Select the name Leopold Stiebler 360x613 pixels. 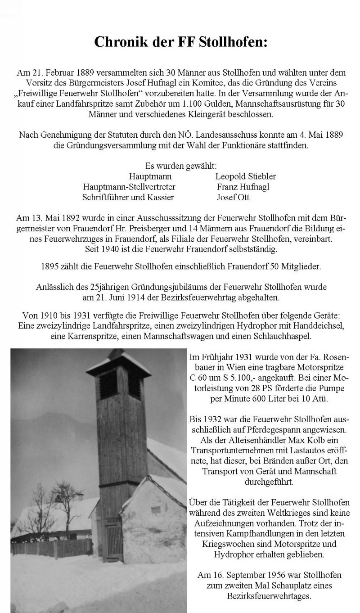tap(245, 176)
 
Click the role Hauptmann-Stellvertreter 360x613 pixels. tap(129, 187)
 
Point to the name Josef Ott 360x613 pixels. tap(233, 197)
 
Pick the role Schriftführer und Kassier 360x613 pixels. tap(128, 197)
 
